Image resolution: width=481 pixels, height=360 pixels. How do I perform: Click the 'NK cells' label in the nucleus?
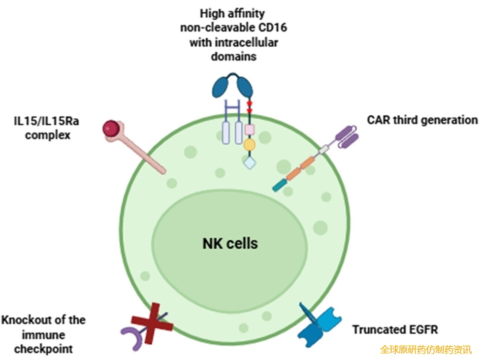pos(230,243)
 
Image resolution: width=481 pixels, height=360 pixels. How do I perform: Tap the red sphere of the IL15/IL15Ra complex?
pos(112,128)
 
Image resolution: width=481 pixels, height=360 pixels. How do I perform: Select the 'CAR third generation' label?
pos(422,120)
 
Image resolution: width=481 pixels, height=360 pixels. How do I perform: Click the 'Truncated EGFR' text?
pos(395,330)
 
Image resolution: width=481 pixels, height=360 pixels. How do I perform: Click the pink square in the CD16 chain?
pos(249,129)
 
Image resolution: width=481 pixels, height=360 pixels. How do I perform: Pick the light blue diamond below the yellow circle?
pos(249,162)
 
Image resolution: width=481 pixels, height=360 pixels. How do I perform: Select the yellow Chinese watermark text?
pos(426,350)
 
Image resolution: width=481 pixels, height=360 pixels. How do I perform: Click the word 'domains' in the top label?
pos(234,56)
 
